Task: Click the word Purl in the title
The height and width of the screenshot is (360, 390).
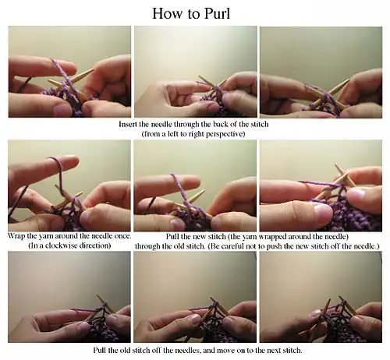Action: point(217,13)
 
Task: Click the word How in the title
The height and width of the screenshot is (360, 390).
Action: point(167,13)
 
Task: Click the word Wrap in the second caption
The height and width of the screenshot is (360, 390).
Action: point(16,236)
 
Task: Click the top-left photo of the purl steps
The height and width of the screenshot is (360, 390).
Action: point(69,72)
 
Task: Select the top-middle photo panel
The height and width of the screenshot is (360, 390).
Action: point(196,72)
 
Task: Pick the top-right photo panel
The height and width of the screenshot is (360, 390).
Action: point(321,72)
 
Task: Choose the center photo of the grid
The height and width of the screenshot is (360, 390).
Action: point(195,185)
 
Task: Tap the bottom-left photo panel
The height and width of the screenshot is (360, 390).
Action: point(69,297)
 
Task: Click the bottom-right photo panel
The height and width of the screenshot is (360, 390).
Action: point(321,297)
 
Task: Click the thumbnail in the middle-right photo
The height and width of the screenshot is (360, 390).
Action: point(323,214)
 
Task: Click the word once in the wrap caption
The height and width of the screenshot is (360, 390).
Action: point(122,236)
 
